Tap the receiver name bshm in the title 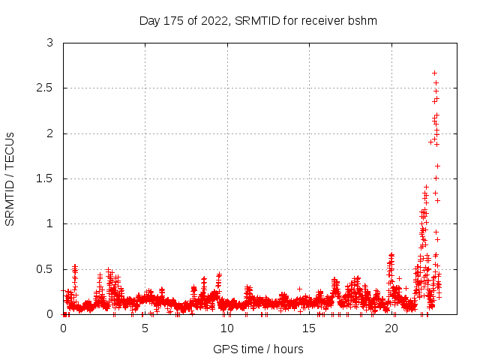(362, 20)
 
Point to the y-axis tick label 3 (49, 43)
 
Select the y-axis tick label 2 (49, 133)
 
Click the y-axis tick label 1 (49, 223)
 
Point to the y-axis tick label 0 (49, 314)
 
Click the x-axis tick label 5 (145, 328)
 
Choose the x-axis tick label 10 (227, 328)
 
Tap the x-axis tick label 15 (310, 328)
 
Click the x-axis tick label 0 (63, 328)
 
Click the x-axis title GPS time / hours (258, 349)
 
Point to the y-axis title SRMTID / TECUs (10, 178)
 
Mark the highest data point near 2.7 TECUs (434, 73)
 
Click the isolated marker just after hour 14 (299, 289)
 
